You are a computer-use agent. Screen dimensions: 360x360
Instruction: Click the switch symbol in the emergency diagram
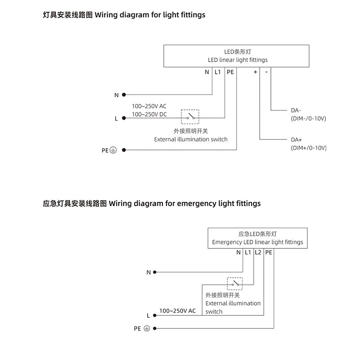pyautogui.click(x=235, y=283)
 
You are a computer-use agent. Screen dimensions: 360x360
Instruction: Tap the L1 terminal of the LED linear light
pyautogui.click(x=218, y=72)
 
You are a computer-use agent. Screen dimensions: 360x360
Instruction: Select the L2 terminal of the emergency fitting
pyautogui.click(x=258, y=253)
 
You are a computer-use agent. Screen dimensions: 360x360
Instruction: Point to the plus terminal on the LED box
pyautogui.click(x=255, y=72)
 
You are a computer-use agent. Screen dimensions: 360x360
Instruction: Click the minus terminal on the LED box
pyautogui.click(x=266, y=72)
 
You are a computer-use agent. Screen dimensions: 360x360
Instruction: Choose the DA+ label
pyautogui.click(x=296, y=140)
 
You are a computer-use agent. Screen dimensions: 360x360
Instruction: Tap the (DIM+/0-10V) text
pyautogui.click(x=309, y=148)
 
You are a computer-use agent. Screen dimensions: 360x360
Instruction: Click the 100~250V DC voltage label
pyautogui.click(x=149, y=114)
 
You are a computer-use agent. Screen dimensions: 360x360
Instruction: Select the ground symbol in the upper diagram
pyautogui.click(x=113, y=151)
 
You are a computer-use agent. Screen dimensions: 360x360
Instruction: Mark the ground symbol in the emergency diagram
pyautogui.click(x=147, y=328)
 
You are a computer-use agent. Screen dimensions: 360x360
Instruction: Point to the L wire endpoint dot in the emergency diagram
pyautogui.click(x=155, y=315)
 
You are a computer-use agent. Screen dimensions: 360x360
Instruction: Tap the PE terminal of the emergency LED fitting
pyautogui.click(x=269, y=253)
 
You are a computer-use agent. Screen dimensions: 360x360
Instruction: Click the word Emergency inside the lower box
pyautogui.click(x=227, y=242)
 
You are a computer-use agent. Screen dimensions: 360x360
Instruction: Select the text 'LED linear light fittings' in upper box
pyautogui.click(x=238, y=60)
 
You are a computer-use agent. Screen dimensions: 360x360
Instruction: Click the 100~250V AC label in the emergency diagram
pyautogui.click(x=177, y=311)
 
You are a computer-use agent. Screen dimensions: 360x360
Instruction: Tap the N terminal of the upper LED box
pyautogui.click(x=207, y=72)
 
